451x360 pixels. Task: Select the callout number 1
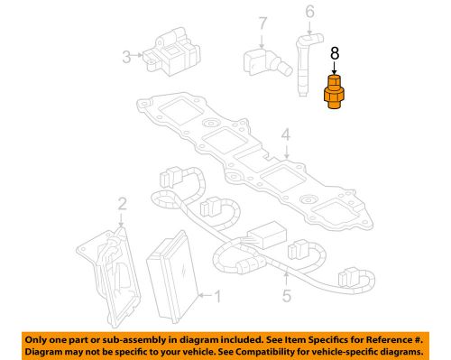point(216,294)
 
